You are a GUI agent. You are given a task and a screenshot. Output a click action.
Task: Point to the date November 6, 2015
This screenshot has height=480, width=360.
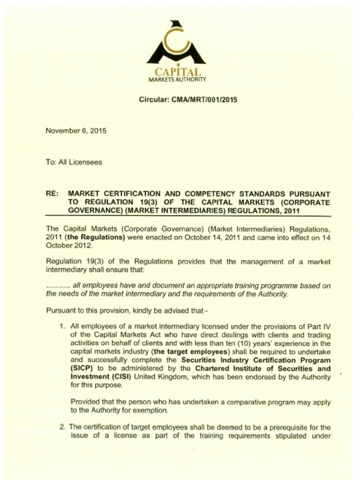(75, 131)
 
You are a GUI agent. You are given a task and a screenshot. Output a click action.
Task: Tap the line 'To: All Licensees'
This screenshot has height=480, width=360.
(74, 162)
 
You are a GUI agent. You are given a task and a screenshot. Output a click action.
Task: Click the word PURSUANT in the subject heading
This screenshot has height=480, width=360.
(308, 193)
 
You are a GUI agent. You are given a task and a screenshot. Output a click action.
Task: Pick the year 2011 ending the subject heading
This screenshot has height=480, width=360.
(290, 210)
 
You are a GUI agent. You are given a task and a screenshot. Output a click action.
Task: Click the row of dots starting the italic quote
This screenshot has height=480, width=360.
(58, 286)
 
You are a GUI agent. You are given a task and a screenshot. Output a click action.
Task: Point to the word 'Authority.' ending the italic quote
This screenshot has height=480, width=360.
(272, 294)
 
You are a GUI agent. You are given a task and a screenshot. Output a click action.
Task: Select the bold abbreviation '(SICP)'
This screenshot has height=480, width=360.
(82, 369)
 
